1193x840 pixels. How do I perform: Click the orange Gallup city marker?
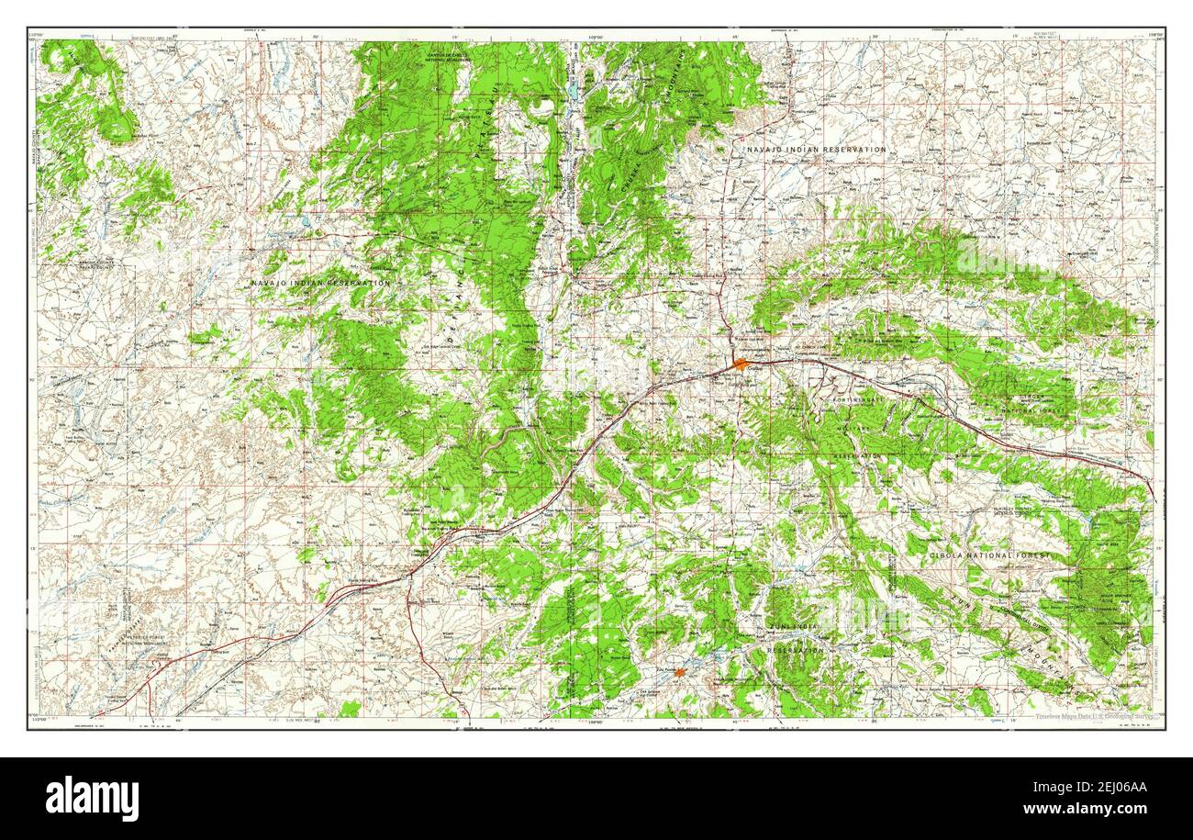741,364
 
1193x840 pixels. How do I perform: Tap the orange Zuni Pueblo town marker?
679,673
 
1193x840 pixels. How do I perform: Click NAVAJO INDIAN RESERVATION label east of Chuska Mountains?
816,149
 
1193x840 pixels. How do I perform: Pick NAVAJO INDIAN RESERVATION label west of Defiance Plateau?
320,283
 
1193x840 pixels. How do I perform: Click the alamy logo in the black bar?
92,798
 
